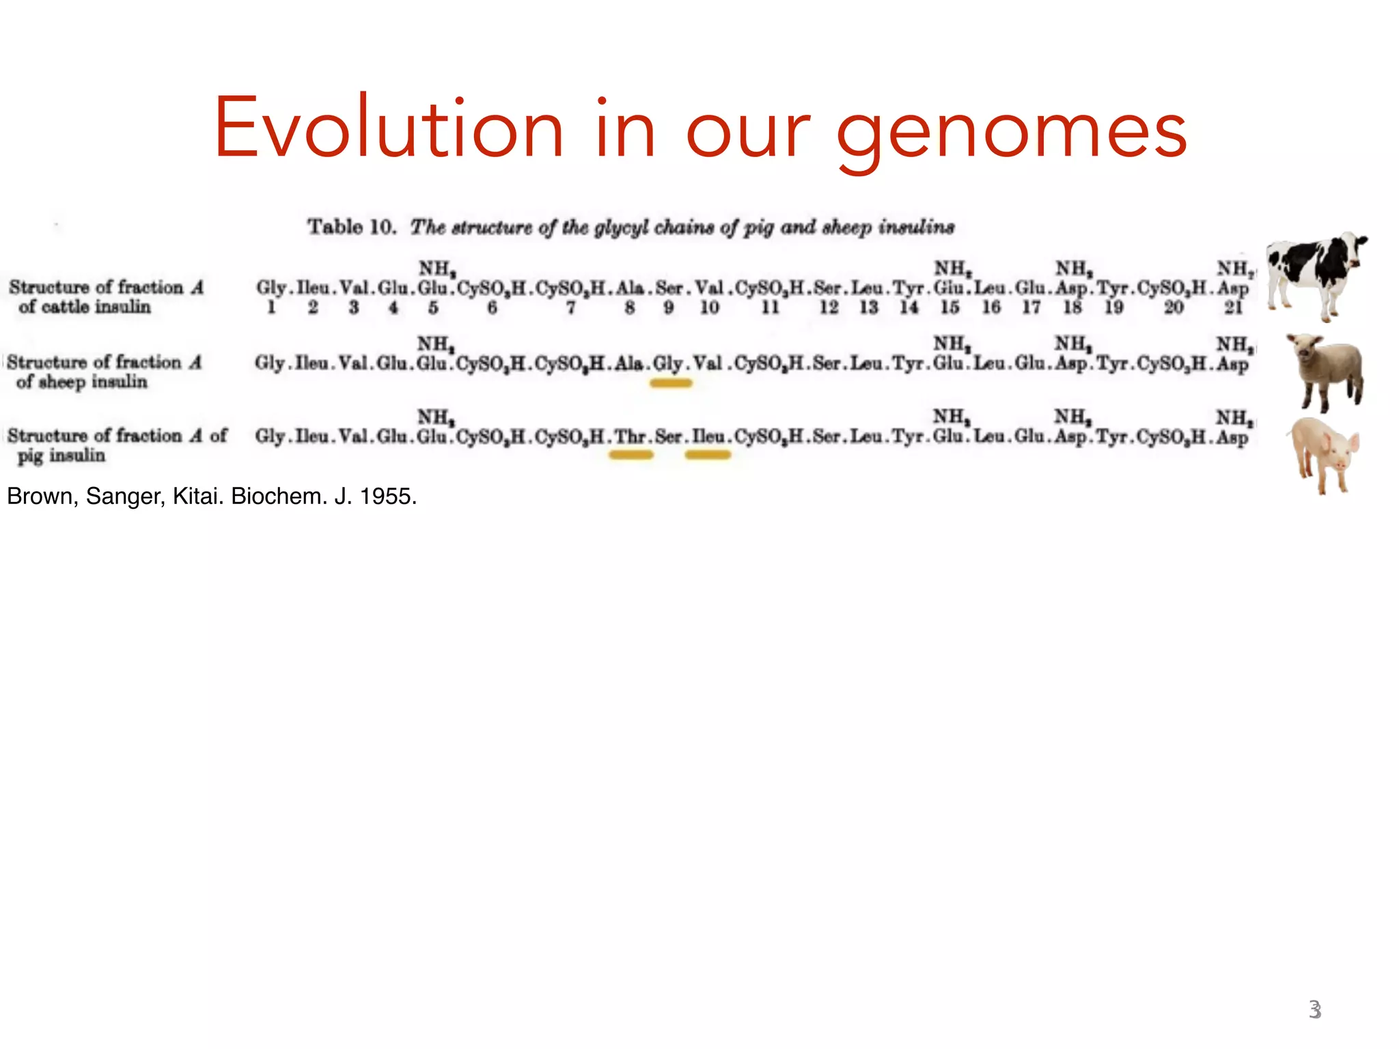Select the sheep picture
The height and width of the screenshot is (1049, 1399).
[1325, 372]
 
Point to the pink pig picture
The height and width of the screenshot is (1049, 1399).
[1324, 454]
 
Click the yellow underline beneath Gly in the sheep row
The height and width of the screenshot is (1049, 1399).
[671, 384]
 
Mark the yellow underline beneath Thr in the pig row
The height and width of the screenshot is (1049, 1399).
[631, 456]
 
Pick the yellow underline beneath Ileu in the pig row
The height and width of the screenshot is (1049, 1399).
[708, 456]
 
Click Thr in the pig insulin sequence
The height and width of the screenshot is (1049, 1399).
[630, 436]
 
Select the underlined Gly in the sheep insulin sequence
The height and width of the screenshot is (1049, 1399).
[668, 363]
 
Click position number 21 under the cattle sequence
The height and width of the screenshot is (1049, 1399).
[1233, 308]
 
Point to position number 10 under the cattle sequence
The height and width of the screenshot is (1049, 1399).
[709, 308]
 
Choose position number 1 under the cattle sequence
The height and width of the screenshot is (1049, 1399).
[271, 308]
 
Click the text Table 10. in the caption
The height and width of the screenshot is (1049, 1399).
[352, 227]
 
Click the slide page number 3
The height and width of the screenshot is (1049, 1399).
[1315, 1009]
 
